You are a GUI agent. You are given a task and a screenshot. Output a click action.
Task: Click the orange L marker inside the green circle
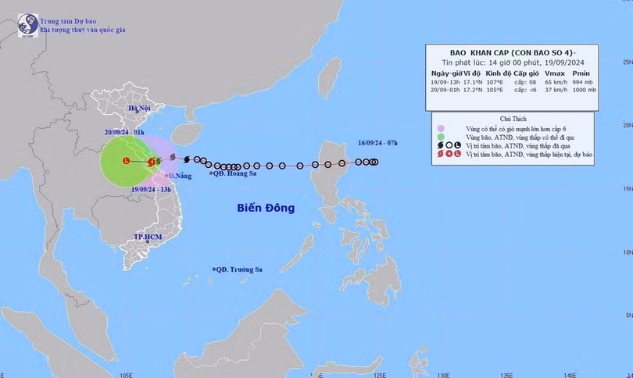click(x=126, y=161)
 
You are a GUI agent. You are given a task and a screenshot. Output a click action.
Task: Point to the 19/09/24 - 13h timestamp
click(x=152, y=189)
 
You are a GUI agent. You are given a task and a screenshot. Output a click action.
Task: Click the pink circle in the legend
click(x=441, y=129)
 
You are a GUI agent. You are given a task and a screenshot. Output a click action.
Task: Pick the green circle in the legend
click(x=441, y=137)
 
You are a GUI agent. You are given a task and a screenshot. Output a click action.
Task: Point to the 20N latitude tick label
click(x=626, y=126)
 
